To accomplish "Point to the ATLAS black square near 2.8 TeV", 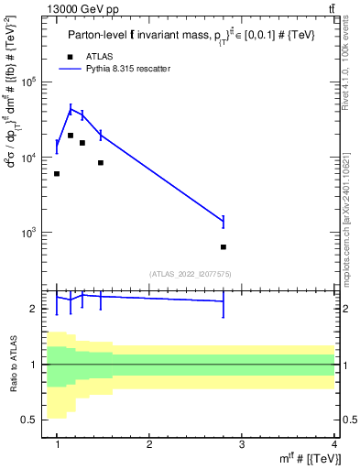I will point(224,247).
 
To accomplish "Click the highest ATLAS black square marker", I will point(71,136).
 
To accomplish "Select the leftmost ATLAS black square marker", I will point(57,173).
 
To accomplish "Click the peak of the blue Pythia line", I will point(71,109).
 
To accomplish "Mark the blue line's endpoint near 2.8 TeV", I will point(224,220).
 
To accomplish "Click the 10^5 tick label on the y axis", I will point(35,82).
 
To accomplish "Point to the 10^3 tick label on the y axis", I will point(35,233).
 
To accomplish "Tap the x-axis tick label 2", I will point(149,444).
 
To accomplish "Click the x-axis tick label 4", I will point(334,444).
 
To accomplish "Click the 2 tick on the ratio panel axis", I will point(38,309).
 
